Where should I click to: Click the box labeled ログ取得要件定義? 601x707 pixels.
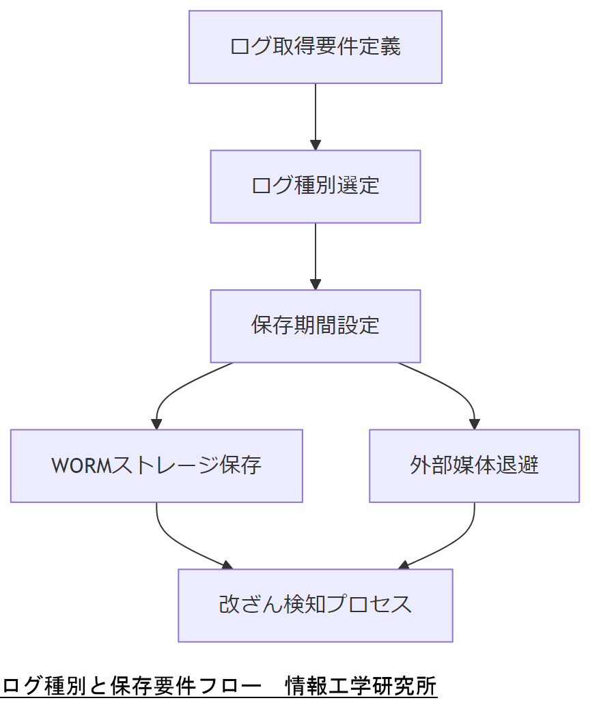315,47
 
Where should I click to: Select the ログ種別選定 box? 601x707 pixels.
315,186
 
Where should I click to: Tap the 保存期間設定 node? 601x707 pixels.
315,326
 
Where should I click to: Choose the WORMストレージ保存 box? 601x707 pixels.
156,466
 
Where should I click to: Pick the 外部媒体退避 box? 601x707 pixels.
474,466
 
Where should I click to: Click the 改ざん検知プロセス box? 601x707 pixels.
315,605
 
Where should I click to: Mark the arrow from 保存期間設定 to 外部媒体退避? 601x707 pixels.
451,388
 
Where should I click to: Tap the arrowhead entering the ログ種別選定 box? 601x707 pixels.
315,145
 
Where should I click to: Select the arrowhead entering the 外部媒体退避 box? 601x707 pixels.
474,424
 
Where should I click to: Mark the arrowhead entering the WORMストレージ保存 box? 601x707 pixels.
156,424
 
